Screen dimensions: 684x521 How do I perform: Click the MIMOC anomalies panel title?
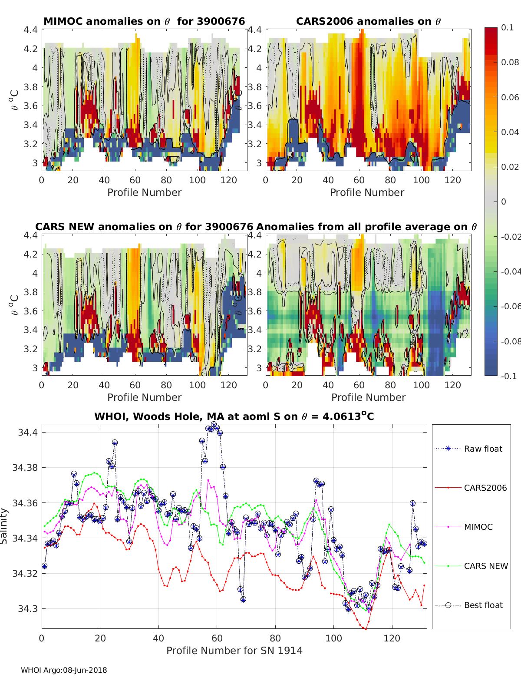(144, 21)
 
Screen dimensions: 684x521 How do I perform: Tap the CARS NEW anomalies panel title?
(144, 227)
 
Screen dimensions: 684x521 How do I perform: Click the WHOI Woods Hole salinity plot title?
(234, 416)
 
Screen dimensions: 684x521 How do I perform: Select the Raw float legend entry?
(483, 449)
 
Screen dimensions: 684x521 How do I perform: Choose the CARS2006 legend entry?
(485, 488)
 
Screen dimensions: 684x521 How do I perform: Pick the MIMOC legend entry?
(478, 527)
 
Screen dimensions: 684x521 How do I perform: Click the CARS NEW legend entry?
(485, 566)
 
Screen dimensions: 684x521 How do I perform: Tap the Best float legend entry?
(483, 605)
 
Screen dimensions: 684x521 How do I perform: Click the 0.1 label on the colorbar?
(507, 27)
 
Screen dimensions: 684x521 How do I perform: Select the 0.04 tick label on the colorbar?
(510, 132)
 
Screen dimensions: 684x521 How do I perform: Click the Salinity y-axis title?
(4, 526)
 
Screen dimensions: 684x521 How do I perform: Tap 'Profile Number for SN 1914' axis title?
(234, 651)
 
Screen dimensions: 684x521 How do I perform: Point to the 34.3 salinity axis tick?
(29, 608)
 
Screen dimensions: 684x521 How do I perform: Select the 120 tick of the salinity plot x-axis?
(392, 638)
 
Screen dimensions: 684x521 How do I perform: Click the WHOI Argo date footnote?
(64, 670)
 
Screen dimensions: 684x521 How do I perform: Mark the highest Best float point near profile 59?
(214, 424)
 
